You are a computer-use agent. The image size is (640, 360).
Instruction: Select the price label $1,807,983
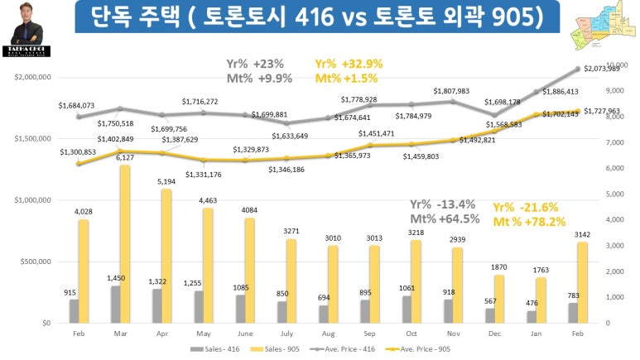(x=452, y=91)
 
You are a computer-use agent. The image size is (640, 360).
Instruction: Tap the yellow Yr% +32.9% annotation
(x=347, y=63)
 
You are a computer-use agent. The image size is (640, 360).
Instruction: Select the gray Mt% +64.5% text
(x=445, y=219)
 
